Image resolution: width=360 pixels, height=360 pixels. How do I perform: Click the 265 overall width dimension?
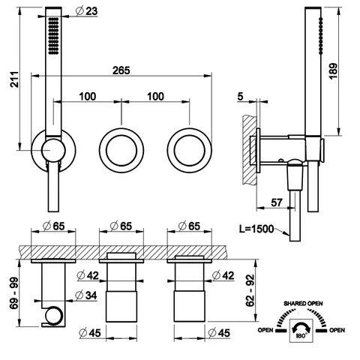click(121, 70)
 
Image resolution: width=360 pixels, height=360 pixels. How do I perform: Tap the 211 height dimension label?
click(14, 79)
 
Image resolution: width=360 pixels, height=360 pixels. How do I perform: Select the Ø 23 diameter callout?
click(86, 11)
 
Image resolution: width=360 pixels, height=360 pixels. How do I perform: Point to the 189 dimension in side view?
click(333, 71)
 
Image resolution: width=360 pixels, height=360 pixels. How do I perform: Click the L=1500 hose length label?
click(256, 229)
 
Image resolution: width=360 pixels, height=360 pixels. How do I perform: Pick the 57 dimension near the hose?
click(277, 202)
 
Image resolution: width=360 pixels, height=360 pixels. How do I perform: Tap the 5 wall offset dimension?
click(240, 97)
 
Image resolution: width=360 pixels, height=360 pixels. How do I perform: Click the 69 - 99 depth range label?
click(14, 293)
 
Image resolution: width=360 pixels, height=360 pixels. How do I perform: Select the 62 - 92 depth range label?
click(250, 290)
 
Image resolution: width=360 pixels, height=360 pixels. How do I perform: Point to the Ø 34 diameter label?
click(86, 295)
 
